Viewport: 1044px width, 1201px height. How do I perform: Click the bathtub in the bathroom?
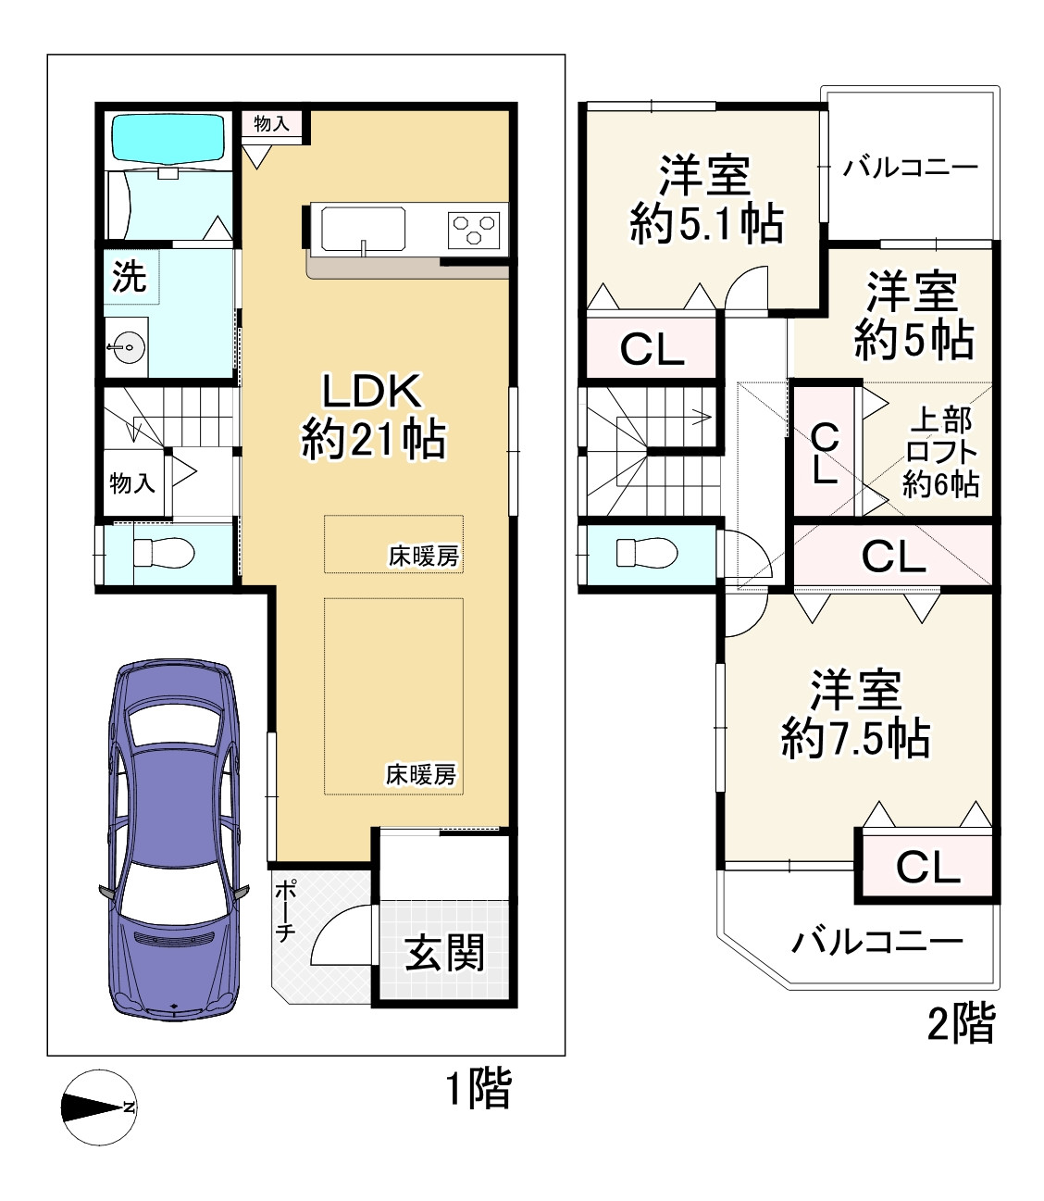[168, 139]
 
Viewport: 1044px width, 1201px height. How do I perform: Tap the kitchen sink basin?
[364, 230]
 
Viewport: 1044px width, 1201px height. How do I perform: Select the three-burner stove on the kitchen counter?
[473, 229]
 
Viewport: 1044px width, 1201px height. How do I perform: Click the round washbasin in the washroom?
[128, 346]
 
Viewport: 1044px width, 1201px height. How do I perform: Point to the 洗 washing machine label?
[129, 275]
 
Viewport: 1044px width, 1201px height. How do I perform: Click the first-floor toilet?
[164, 553]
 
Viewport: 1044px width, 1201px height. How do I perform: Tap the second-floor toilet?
[647, 553]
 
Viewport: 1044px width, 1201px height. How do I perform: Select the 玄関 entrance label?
[445, 953]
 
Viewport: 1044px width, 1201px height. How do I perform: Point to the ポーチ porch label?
[284, 910]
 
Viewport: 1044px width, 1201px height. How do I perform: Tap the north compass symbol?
[98, 1107]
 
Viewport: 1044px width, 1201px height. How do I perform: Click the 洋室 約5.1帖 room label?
[705, 200]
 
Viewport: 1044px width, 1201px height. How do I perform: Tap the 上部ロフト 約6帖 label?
[941, 451]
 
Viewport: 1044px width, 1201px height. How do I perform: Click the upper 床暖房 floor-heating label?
[423, 557]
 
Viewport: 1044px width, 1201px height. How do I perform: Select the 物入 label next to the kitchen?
[271, 123]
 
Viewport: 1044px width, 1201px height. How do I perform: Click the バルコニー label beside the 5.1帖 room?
[911, 168]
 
